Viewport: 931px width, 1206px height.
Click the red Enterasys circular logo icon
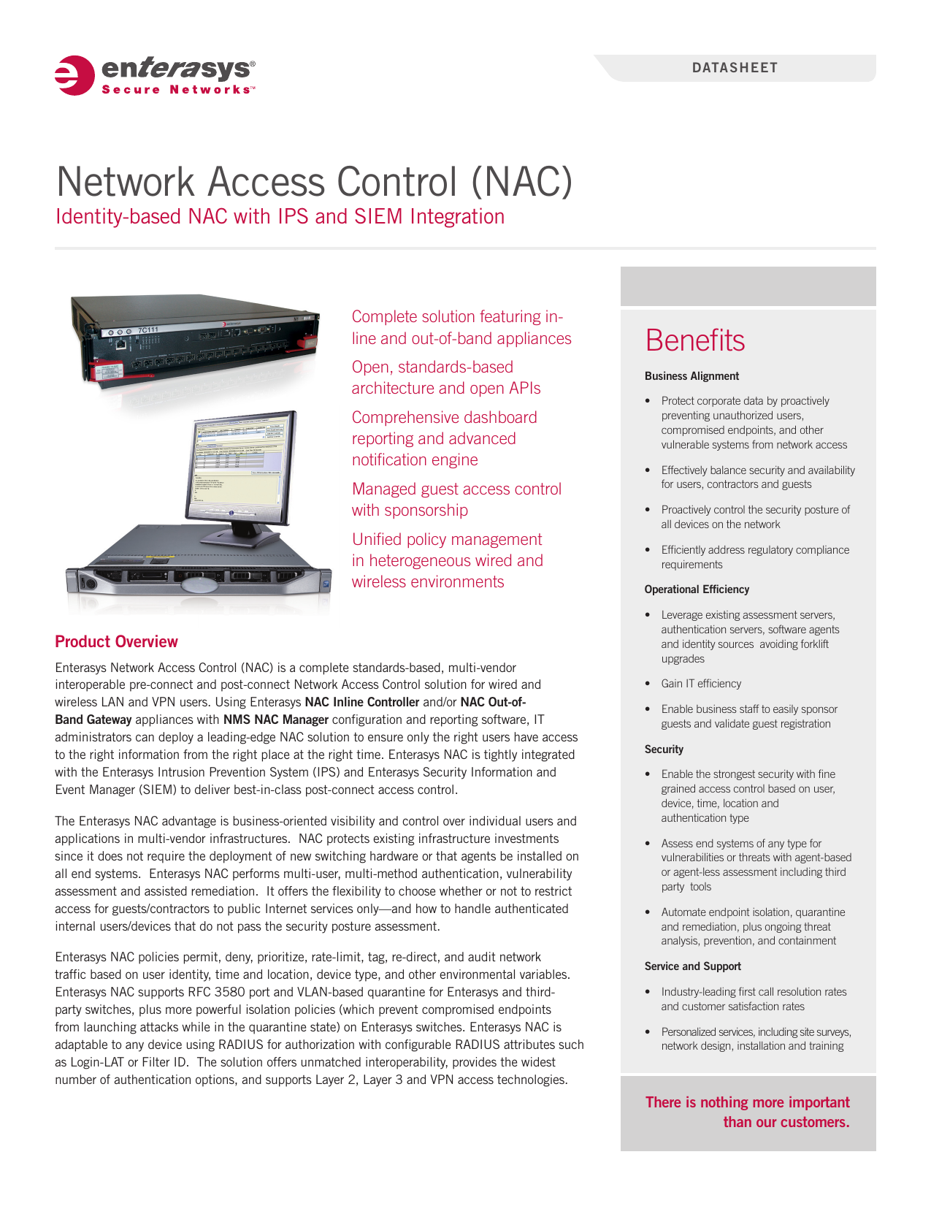click(74, 75)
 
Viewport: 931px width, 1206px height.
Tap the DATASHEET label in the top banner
click(735, 68)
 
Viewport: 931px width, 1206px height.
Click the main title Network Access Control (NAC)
click(314, 181)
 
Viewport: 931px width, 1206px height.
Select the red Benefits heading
click(694, 340)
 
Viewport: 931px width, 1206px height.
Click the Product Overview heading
click(116, 641)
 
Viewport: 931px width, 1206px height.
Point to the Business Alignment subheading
click(691, 376)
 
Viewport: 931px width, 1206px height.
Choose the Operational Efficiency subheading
click(697, 589)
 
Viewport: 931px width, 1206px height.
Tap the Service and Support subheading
click(692, 966)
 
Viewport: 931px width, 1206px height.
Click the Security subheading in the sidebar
click(664, 749)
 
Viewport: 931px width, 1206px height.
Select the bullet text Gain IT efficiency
click(701, 684)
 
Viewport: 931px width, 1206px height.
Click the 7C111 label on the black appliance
click(147, 329)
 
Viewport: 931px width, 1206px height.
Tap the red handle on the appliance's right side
click(309, 344)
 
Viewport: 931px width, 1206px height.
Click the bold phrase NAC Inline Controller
click(361, 702)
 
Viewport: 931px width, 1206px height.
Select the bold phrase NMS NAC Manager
click(276, 720)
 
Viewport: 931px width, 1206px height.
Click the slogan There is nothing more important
click(747, 1102)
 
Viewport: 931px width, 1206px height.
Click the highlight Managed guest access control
click(456, 489)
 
